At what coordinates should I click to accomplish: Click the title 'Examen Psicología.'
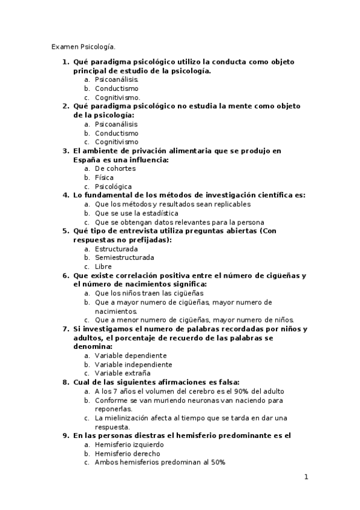coord(83,46)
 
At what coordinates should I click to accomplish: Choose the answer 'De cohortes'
coord(115,168)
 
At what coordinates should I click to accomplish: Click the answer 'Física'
coord(105,177)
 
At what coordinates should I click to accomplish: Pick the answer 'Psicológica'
coord(114,186)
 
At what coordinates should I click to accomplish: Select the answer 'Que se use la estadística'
coord(136,213)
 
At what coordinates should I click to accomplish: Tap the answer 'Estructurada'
coord(116,248)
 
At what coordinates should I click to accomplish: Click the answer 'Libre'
coord(103,266)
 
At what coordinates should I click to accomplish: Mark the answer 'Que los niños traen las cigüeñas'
coord(149,293)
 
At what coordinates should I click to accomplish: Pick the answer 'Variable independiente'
coord(133,364)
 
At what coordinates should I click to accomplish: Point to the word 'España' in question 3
coord(88,160)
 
